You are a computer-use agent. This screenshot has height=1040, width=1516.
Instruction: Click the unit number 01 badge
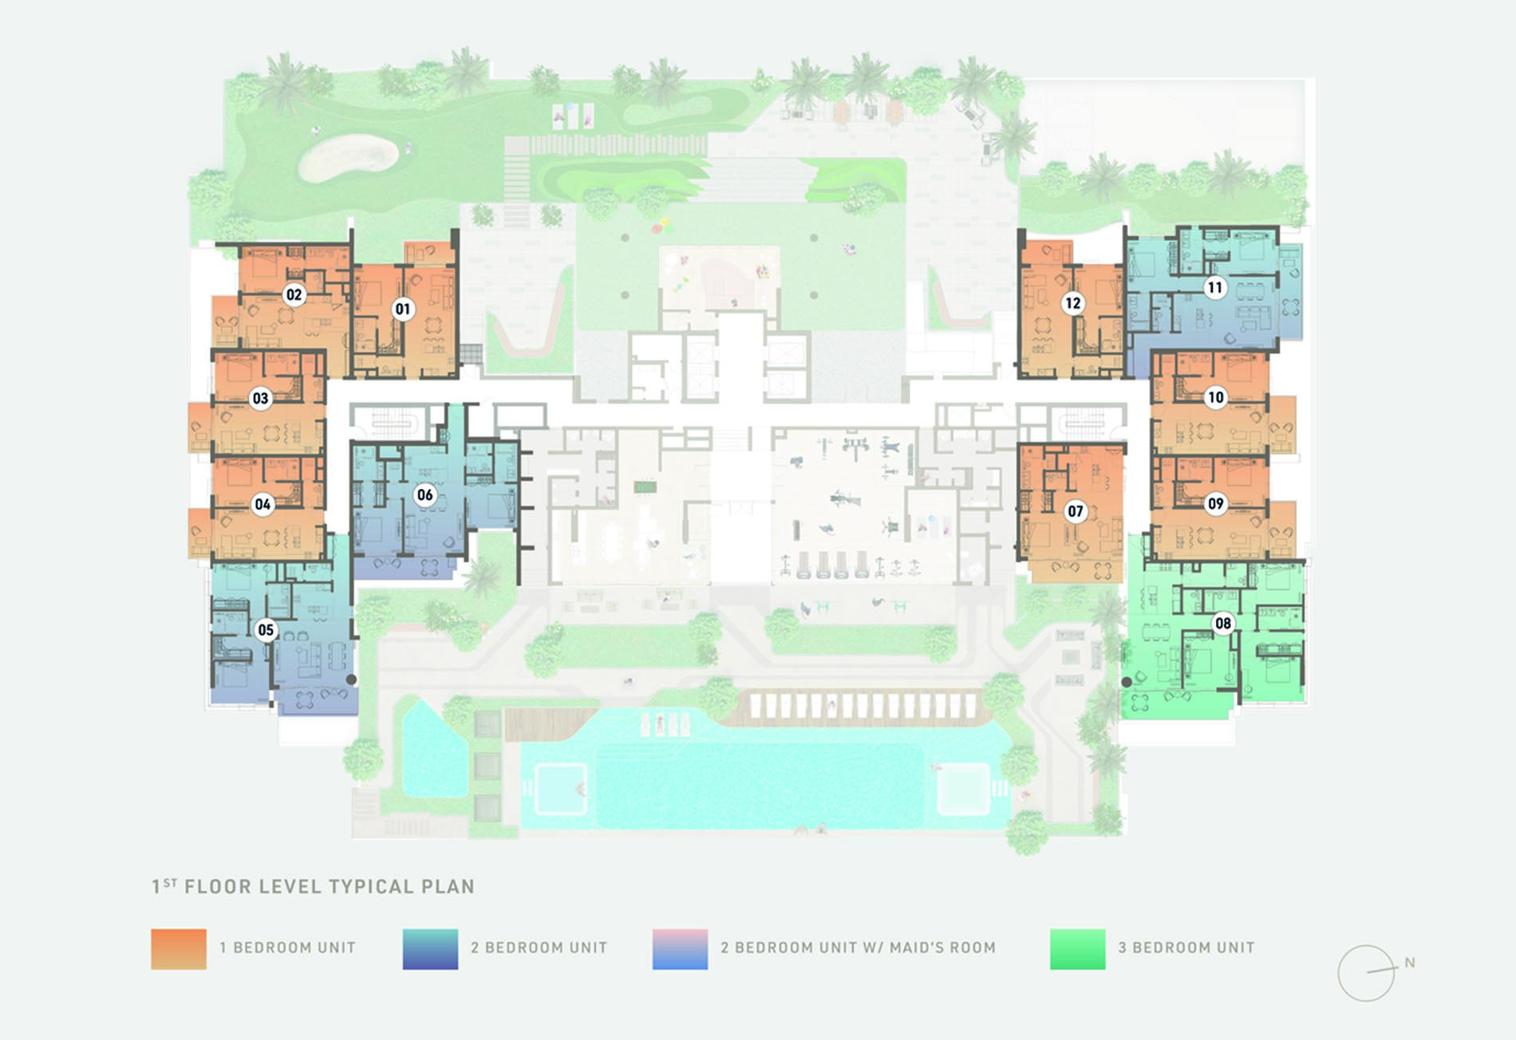(403, 309)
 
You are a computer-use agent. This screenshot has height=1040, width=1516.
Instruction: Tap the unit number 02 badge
(294, 295)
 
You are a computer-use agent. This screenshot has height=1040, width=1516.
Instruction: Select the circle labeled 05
(266, 630)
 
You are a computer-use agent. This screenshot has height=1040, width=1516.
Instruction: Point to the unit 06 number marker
(424, 495)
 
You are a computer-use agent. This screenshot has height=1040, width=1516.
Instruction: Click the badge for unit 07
(1075, 511)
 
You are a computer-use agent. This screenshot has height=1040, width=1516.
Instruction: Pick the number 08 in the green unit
(1222, 623)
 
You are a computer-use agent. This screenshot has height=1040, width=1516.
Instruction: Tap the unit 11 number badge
(1214, 288)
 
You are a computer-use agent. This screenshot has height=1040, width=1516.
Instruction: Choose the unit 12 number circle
(1072, 303)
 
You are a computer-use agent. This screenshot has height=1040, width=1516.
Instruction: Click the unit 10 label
(1215, 397)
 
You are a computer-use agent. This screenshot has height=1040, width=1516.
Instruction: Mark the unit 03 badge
(261, 399)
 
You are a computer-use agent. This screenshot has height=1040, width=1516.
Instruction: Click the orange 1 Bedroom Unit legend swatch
(179, 949)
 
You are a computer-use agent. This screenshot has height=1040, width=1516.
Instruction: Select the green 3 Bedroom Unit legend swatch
(1077, 949)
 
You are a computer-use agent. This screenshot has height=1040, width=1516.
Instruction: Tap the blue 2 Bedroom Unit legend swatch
(430, 949)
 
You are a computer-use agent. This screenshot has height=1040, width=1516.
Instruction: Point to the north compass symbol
(1367, 973)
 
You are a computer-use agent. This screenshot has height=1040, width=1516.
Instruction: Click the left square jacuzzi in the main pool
(560, 788)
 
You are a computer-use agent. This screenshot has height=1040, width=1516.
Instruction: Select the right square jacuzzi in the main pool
(963, 788)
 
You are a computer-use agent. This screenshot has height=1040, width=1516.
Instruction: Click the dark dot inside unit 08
(1127, 682)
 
